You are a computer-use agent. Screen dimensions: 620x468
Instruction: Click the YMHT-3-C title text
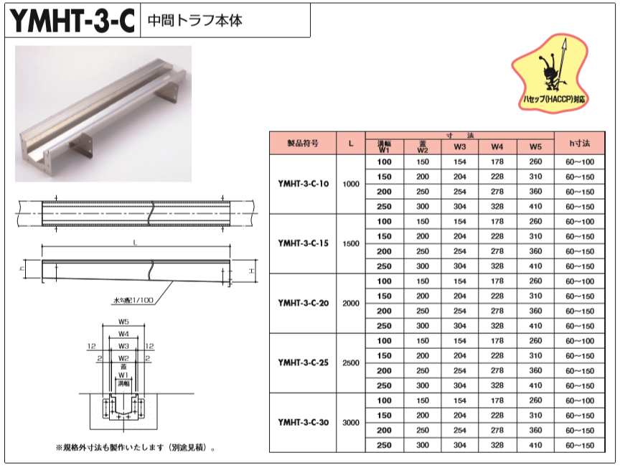tap(72, 21)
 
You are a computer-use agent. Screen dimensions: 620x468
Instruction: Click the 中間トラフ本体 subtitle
tap(194, 21)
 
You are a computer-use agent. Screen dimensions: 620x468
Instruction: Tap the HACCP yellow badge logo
tap(552, 74)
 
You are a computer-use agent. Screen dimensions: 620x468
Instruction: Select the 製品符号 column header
tap(303, 143)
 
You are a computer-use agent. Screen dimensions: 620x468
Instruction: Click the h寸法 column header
tap(580, 143)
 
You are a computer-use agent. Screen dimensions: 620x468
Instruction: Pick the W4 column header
tap(497, 146)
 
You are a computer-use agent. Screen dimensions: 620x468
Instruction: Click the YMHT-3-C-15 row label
tap(303, 243)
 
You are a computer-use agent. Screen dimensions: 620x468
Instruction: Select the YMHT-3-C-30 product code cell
tap(303, 422)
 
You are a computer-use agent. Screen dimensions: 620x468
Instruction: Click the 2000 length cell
tap(351, 303)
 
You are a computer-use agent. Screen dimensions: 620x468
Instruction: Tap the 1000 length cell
tap(351, 184)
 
